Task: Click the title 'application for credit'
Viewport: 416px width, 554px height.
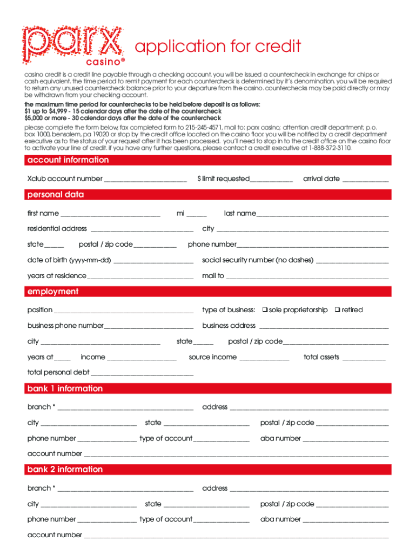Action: (x=218, y=47)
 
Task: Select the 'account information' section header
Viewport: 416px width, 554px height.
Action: (x=68, y=160)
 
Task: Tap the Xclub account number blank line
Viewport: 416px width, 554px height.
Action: (x=145, y=179)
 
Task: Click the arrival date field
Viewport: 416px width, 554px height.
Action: (x=365, y=179)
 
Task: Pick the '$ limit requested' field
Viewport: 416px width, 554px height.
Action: (x=271, y=179)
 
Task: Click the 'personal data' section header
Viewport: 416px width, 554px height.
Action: (x=56, y=195)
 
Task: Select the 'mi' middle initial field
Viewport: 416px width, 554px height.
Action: (x=197, y=214)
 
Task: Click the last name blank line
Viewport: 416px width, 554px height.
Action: (x=323, y=214)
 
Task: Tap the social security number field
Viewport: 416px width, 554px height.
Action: (x=352, y=261)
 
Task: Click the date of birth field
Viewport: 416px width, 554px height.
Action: (x=154, y=261)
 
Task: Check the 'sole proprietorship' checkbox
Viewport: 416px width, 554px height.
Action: (x=265, y=310)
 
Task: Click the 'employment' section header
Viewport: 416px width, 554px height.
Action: (x=53, y=292)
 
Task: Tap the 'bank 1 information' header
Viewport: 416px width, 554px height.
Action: (x=65, y=389)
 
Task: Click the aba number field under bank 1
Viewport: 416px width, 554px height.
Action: (x=346, y=439)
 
